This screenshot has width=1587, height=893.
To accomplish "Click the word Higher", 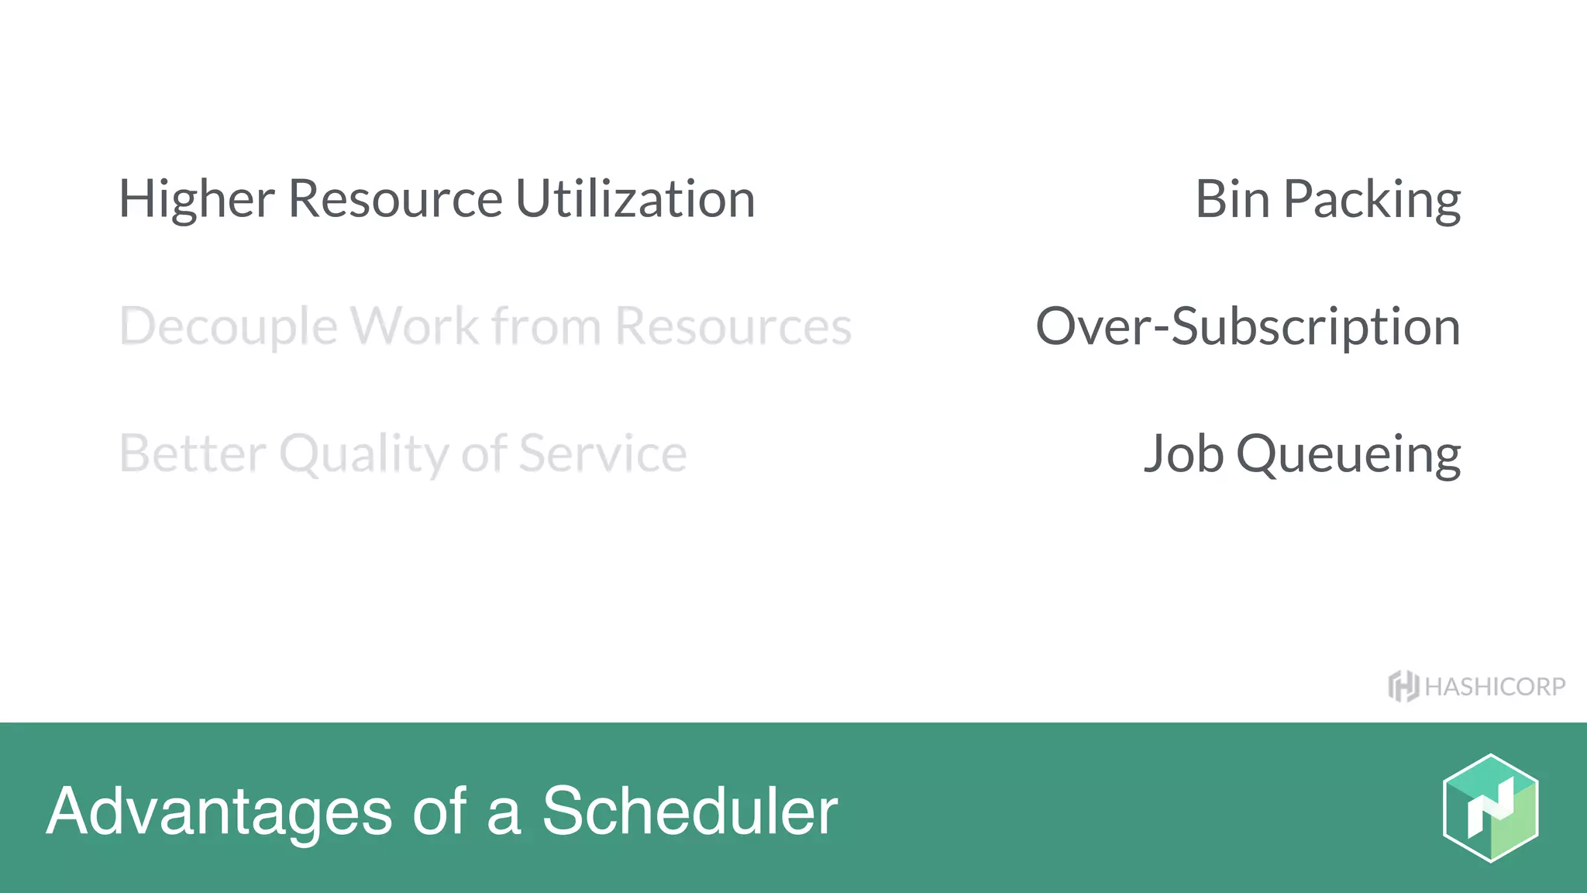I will pyautogui.click(x=196, y=199).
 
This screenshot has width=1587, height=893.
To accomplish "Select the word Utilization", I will pyautogui.click(x=635, y=199).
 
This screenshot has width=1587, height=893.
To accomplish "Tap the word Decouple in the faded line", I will pyautogui.click(x=229, y=326).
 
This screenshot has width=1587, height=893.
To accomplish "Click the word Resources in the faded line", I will pyautogui.click(x=733, y=326).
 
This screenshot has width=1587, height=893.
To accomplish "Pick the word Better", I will pyautogui.click(x=193, y=453).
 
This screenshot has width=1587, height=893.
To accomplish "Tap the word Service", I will pyautogui.click(x=602, y=453).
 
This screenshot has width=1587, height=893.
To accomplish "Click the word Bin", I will pyautogui.click(x=1232, y=199).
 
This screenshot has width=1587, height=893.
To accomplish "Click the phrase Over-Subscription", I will pyautogui.click(x=1248, y=326).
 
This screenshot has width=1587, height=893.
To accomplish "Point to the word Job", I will pyautogui.click(x=1183, y=453).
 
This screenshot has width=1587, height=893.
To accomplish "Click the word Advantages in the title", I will pyautogui.click(x=219, y=812).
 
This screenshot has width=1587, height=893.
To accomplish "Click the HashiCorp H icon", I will pyautogui.click(x=1403, y=686).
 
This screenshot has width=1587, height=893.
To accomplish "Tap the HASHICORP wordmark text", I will pyautogui.click(x=1495, y=687).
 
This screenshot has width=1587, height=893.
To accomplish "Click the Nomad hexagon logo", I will pyautogui.click(x=1490, y=808).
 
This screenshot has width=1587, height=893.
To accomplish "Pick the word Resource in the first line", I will pyautogui.click(x=395, y=199).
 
